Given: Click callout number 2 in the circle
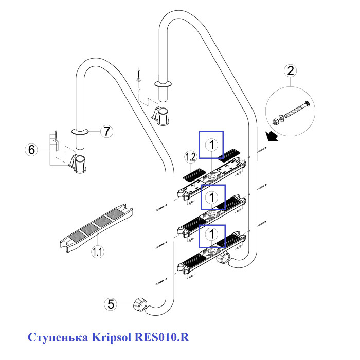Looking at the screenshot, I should click(x=291, y=70).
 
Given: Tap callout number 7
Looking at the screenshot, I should click(x=105, y=131).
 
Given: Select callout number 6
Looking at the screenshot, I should click(x=32, y=150).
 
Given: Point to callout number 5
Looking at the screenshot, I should click(x=110, y=304).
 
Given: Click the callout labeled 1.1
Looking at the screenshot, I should click(x=97, y=251).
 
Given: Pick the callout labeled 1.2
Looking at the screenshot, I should click(x=191, y=156).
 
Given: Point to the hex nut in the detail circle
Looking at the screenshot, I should click(x=275, y=121).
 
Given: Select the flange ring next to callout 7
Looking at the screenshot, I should click(x=79, y=132).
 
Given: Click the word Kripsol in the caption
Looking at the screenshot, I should click(x=111, y=338).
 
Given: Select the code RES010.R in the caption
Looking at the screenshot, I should click(x=161, y=338).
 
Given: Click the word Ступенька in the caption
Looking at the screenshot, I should click(x=57, y=338).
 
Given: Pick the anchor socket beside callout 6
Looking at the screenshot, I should click(x=76, y=164).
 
